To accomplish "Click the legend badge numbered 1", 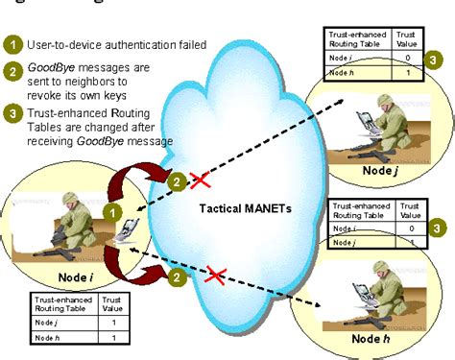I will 12,44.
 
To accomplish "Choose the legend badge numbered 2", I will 12,69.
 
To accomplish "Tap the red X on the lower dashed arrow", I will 215,276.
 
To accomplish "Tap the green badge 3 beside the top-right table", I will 436,60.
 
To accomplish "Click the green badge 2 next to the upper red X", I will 176,179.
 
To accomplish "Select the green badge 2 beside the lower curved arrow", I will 175,278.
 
